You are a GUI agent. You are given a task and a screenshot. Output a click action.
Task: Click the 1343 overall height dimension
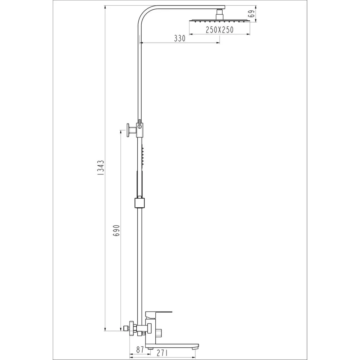(x=101, y=167)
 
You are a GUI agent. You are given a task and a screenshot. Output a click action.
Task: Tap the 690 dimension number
(x=116, y=230)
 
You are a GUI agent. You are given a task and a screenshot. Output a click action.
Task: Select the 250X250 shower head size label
(x=220, y=30)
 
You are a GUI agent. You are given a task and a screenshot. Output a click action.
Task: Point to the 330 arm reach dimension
(x=180, y=38)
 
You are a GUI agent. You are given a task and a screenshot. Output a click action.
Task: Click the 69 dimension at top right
(x=252, y=14)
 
